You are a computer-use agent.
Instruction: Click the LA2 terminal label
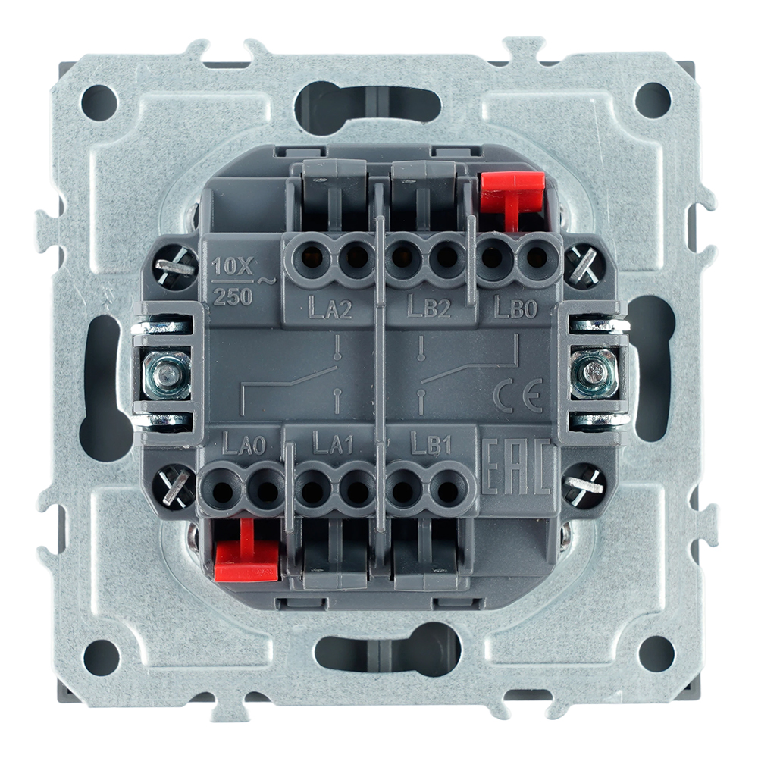click(330, 308)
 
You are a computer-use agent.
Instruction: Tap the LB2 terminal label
click(429, 306)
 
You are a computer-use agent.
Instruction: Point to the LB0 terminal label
click(515, 306)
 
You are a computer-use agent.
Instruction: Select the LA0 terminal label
click(243, 443)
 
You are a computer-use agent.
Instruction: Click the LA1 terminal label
click(334, 443)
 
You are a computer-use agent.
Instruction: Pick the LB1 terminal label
click(431, 443)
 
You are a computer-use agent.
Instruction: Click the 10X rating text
click(233, 266)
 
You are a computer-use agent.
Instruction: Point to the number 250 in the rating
click(233, 296)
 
